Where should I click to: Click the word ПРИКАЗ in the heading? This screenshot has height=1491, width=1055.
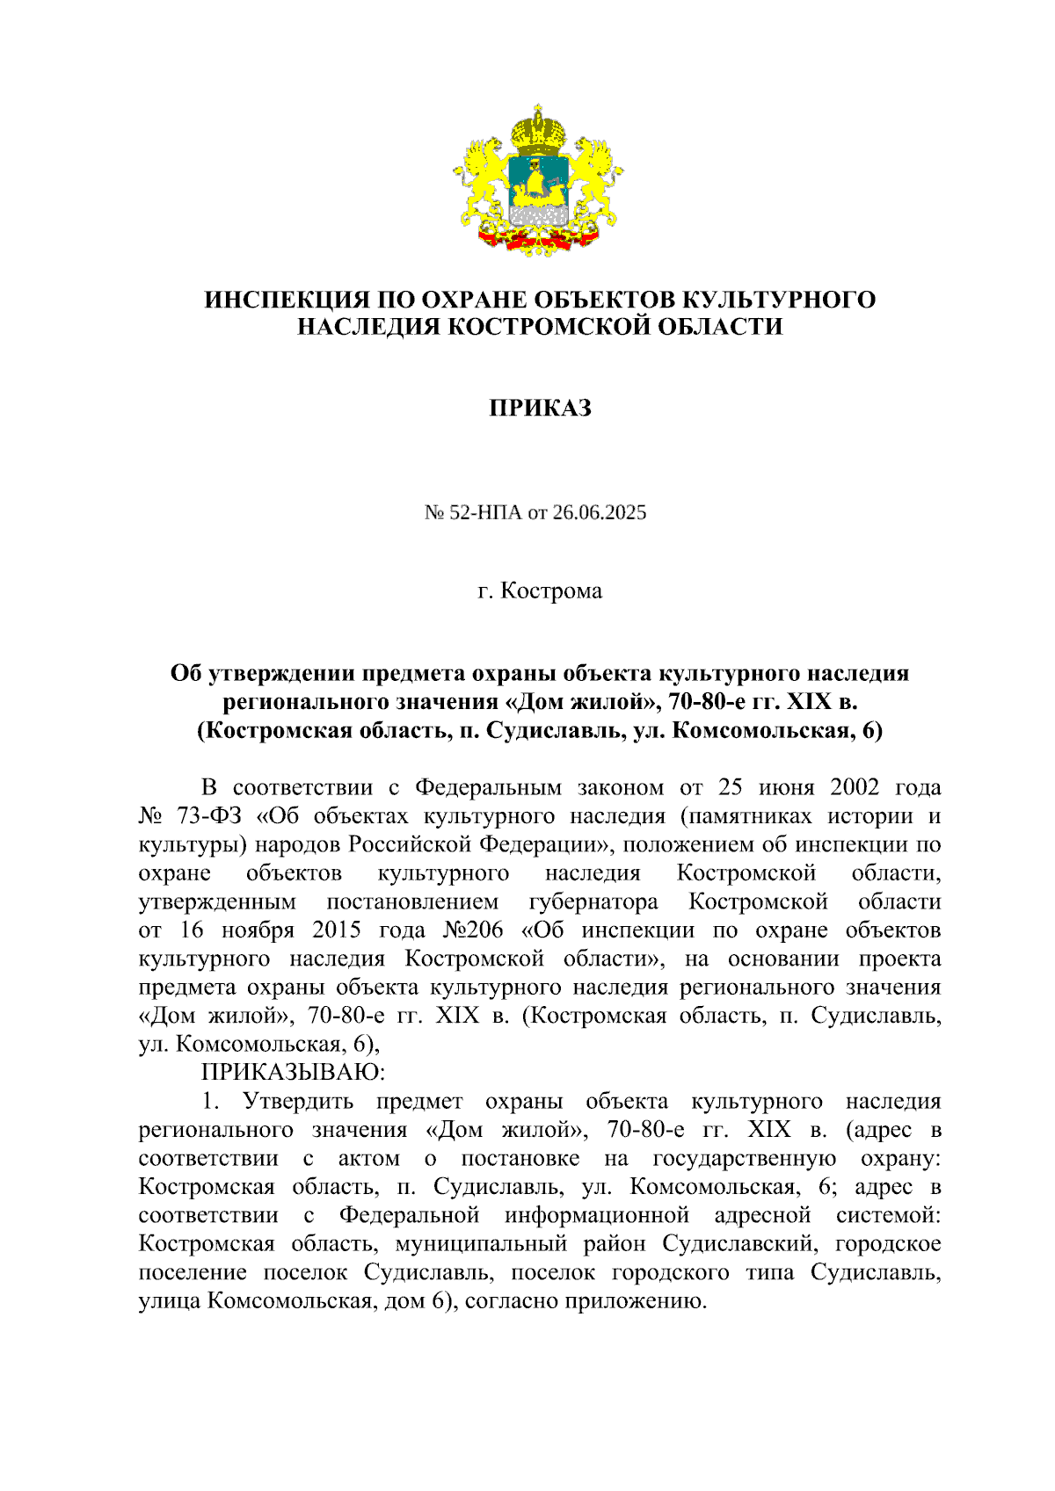point(540,408)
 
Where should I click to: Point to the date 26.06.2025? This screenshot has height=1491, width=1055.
point(599,512)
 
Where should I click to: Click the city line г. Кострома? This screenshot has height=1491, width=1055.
point(540,590)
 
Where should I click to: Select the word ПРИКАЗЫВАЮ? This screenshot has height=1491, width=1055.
point(293,1072)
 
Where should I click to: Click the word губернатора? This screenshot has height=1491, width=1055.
point(593,901)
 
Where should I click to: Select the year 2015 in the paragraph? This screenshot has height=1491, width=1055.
point(337,930)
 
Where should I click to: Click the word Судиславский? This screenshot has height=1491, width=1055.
point(741,1243)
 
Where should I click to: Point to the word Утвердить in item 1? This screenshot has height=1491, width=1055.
point(298,1101)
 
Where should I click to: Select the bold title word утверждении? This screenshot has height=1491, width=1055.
point(282,674)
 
